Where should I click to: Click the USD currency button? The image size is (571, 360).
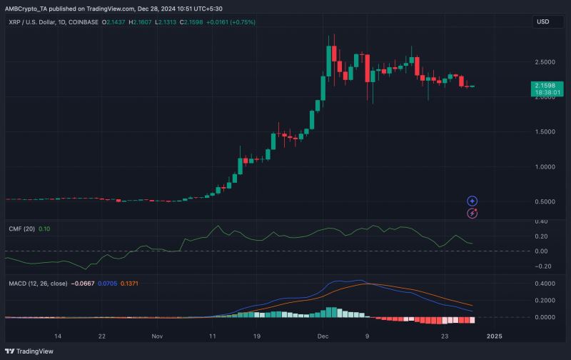(x=543, y=22)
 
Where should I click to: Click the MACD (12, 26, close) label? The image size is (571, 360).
(x=37, y=284)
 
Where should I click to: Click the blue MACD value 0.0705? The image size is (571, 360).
(x=107, y=284)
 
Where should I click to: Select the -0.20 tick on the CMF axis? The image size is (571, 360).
(x=543, y=266)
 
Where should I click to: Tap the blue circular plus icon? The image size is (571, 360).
(x=472, y=201)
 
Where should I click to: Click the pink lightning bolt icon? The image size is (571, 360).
(x=472, y=213)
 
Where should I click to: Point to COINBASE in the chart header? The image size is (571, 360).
(x=81, y=22)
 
